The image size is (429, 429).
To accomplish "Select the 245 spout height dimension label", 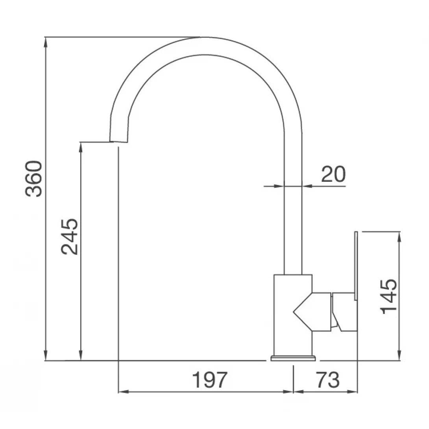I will point(70,237).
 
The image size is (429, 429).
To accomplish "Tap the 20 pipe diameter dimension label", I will point(333,174).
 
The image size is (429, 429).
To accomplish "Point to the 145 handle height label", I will point(389,296).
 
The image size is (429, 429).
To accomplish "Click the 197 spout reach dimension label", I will point(210,380).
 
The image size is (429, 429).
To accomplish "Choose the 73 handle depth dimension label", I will point(327,380).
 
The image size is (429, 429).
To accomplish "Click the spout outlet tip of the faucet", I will point(118,141).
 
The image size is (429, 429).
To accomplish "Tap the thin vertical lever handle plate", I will point(356,266).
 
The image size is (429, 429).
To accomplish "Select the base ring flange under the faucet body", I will point(293,358).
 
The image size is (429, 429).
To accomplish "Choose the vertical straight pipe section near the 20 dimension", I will point(293,220).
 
